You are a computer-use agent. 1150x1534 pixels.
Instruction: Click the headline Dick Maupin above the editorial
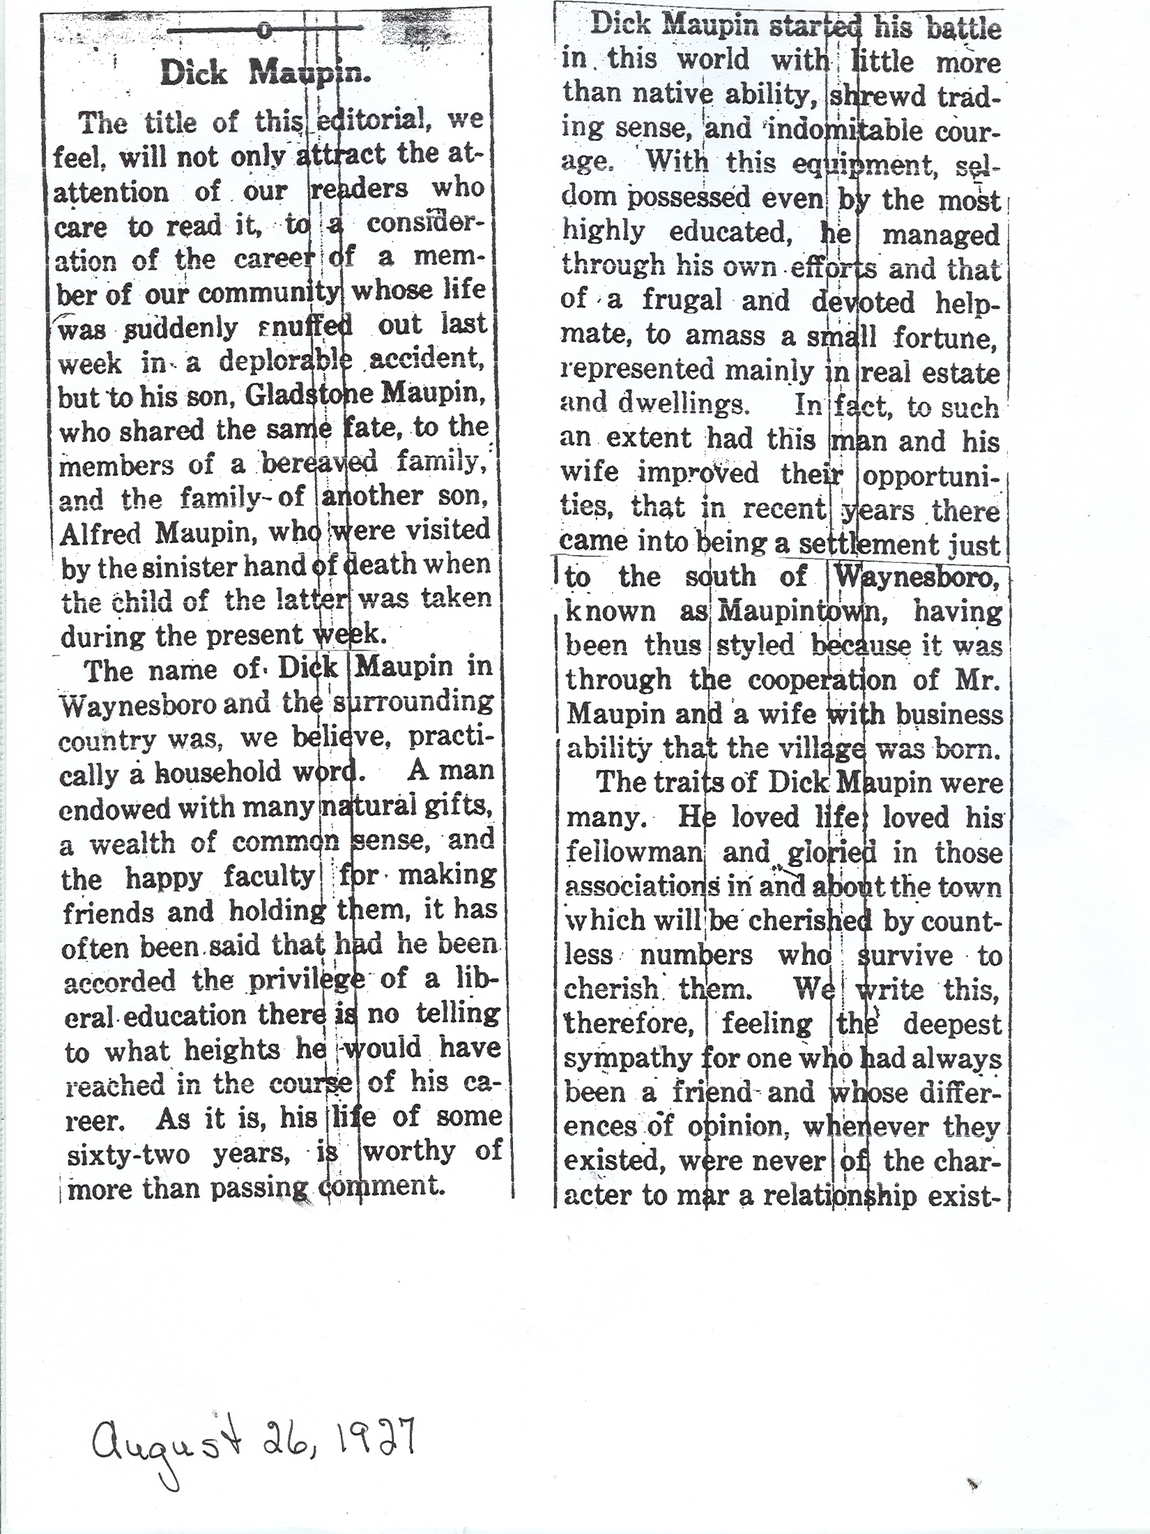(x=266, y=73)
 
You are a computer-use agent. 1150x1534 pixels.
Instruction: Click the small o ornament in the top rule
(x=263, y=30)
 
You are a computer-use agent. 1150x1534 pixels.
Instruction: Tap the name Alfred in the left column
(x=102, y=533)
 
